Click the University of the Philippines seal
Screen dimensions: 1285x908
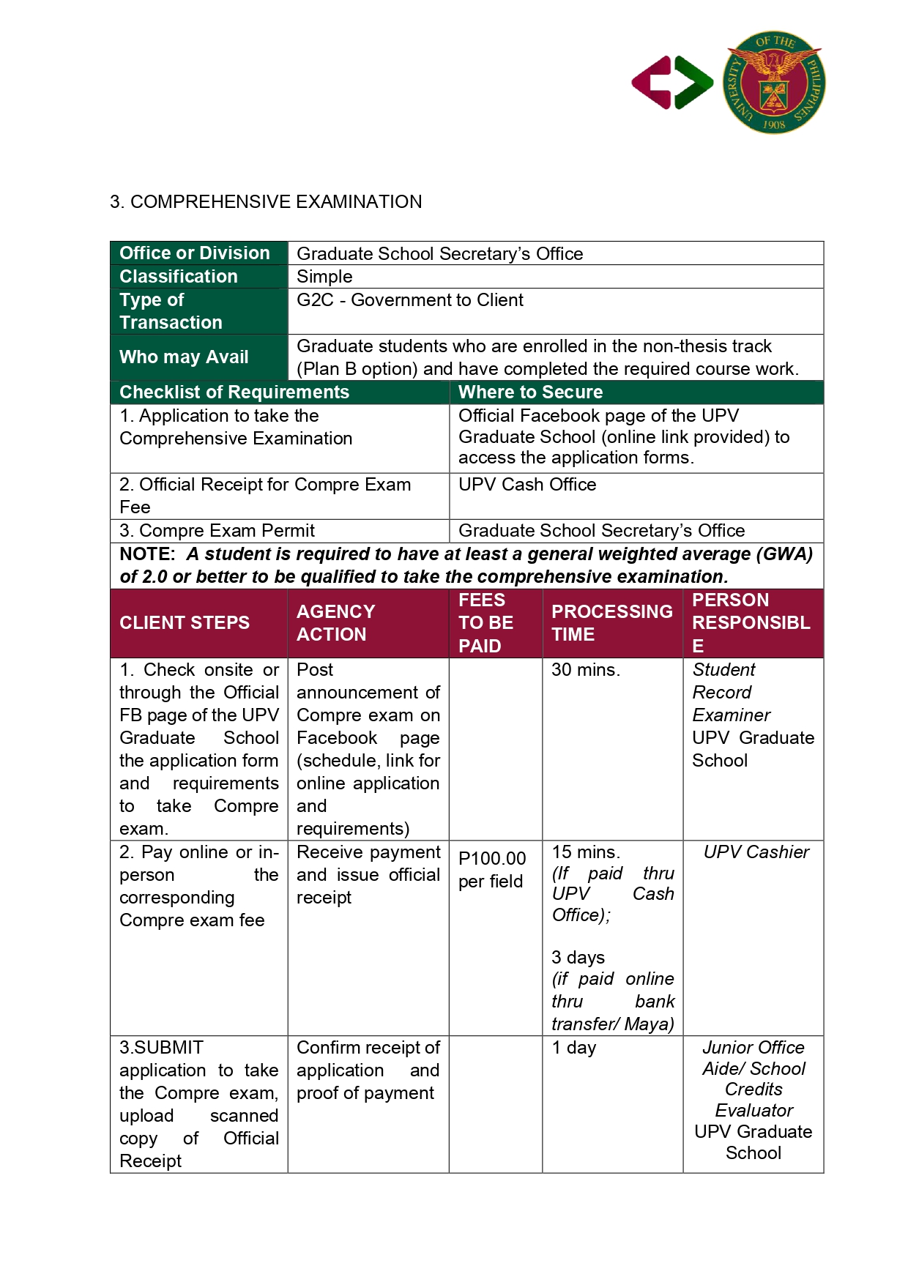774,82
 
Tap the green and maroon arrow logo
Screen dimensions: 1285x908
672,83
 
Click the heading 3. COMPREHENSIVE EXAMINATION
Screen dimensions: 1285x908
266,201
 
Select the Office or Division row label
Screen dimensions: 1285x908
195,253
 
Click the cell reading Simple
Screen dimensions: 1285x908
324,277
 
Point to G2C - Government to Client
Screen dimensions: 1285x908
410,300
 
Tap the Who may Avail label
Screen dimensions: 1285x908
184,357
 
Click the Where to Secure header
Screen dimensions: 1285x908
531,392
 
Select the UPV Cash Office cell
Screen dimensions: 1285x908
527,485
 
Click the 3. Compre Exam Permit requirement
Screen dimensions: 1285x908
217,531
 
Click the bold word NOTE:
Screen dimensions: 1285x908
147,554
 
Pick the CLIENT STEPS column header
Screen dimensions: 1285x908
185,623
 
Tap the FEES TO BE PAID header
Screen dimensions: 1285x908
485,623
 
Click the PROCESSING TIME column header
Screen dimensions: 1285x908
611,623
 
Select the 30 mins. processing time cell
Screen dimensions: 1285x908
585,670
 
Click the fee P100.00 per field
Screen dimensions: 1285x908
492,870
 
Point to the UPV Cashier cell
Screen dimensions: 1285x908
756,852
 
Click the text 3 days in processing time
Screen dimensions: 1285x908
578,958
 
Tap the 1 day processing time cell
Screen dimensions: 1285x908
574,1048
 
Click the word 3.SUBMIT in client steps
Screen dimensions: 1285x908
162,1048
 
